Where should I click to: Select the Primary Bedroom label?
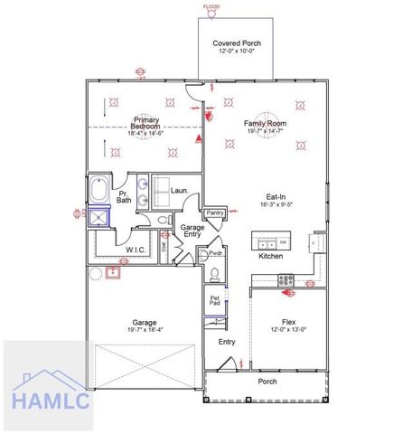pos(146,126)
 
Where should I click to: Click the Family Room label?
pos(264,126)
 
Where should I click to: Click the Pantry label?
pos(215,213)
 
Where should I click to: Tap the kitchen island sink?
pos(266,242)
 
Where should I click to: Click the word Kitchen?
pos(271,257)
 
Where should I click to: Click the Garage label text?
pos(145,323)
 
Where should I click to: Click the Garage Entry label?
pos(191,231)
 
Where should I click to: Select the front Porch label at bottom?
pos(268,381)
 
